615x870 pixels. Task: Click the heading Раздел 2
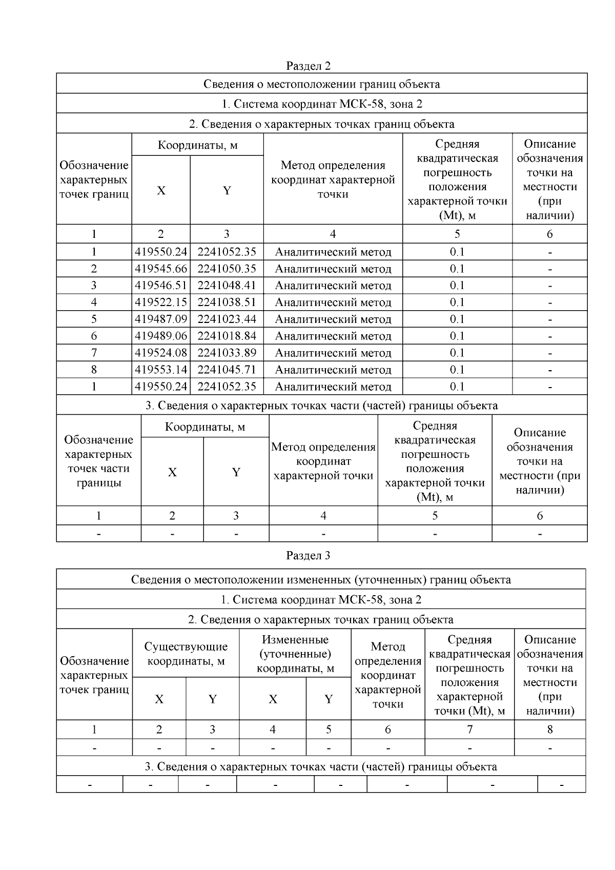(308, 66)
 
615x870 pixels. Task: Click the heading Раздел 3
(308, 555)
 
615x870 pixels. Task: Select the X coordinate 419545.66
(161, 269)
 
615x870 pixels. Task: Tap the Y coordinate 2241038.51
(227, 302)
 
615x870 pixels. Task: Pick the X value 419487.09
(161, 319)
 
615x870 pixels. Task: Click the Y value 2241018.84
(227, 336)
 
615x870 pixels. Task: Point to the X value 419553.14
(161, 370)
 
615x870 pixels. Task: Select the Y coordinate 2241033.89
(227, 353)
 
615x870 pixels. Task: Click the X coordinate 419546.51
(161, 286)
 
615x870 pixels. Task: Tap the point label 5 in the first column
(94, 319)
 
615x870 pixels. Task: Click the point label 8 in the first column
(94, 370)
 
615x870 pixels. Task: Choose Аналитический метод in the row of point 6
(333, 336)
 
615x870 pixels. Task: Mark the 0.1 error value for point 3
(457, 286)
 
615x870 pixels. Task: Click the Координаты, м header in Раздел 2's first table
(197, 145)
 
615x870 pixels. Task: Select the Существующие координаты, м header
(186, 654)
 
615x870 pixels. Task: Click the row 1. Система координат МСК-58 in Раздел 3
(321, 599)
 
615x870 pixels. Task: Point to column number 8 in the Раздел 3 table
(549, 730)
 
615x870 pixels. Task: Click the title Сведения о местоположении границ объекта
(321, 84)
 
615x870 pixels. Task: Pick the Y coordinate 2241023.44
(227, 319)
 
